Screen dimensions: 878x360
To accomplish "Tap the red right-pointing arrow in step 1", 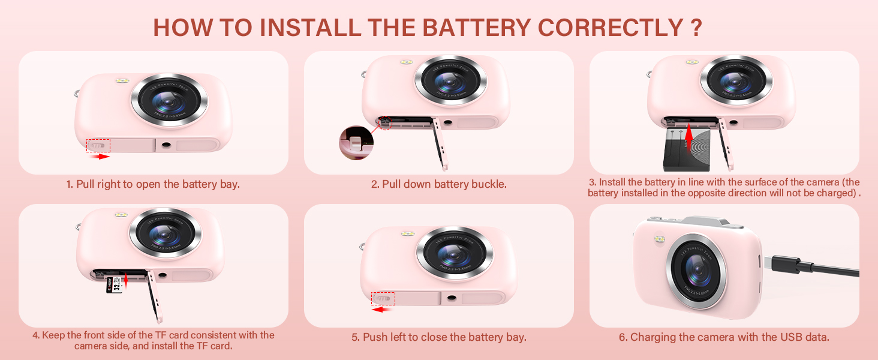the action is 100,157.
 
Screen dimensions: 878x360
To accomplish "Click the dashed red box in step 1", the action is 98,145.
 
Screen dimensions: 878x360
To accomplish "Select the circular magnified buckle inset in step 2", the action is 356,143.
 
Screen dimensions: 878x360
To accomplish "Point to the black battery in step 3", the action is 686,150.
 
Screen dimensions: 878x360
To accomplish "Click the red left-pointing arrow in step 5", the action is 383,310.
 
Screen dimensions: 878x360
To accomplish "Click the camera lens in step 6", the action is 696,271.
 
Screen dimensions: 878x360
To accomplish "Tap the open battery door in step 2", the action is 440,143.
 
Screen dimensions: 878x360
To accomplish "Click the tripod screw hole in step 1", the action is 166,145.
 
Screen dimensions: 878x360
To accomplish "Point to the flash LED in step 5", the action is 408,234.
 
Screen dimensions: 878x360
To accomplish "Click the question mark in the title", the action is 696,28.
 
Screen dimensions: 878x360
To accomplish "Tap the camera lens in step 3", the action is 736,82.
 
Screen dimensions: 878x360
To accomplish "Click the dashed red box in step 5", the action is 383,298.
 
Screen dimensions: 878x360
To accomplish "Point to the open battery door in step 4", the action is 155,296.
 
